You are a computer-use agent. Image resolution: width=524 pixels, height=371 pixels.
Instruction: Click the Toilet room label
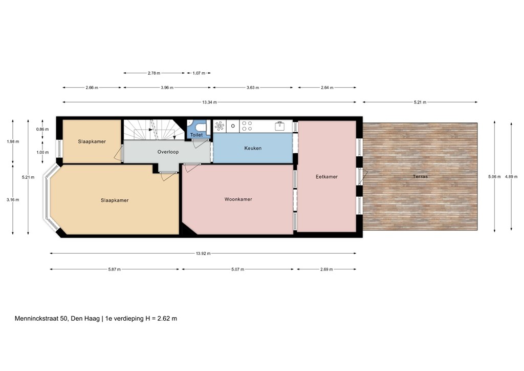coord(196,135)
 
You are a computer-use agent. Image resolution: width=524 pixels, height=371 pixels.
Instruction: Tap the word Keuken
coord(253,149)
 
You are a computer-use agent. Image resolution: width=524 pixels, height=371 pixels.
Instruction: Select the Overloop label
coord(167,152)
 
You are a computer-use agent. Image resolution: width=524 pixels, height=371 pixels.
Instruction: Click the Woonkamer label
coord(238,199)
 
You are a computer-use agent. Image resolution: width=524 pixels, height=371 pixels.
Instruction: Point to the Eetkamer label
coord(326,177)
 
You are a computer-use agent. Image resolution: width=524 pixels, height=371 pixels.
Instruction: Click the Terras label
coord(421,177)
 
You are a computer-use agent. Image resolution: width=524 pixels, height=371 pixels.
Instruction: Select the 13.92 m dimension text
coord(203,253)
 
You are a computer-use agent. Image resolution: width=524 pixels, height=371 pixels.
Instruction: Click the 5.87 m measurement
coord(115,269)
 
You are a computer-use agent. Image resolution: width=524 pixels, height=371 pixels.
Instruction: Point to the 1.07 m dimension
coord(199,73)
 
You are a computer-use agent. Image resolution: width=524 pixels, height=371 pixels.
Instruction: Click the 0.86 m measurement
coord(42,129)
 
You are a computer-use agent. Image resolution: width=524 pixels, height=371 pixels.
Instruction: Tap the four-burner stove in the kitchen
coord(247,125)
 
